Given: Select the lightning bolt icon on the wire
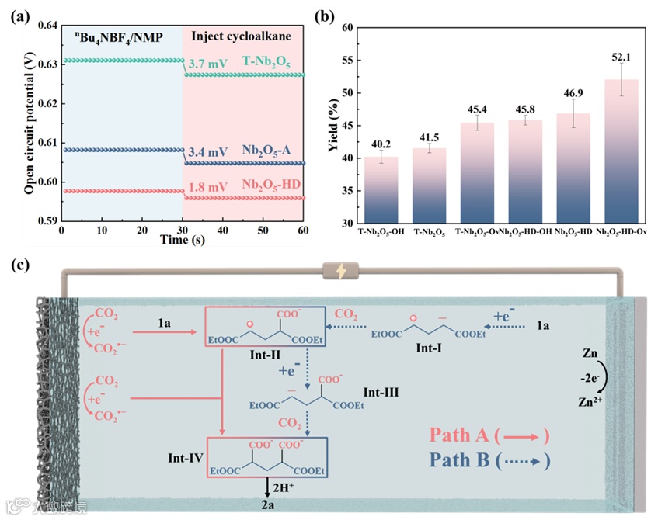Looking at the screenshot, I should (x=341, y=272).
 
